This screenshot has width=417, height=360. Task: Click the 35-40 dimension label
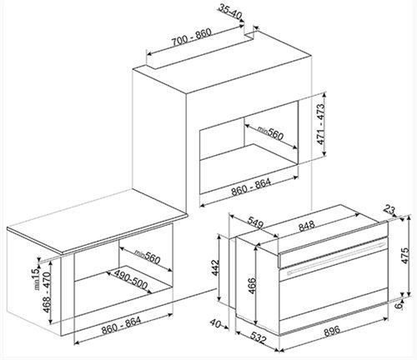click(x=229, y=12)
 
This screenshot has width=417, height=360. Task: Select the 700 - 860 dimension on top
click(x=191, y=37)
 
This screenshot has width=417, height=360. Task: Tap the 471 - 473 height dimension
click(x=321, y=124)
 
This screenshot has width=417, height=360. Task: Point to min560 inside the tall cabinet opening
click(x=270, y=132)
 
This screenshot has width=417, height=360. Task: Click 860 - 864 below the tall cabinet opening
click(x=251, y=186)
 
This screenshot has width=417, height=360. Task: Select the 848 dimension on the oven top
click(x=307, y=226)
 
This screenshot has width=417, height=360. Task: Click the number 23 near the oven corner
click(x=389, y=209)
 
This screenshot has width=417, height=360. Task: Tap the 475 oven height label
click(x=405, y=255)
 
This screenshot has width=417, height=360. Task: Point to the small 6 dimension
click(x=399, y=306)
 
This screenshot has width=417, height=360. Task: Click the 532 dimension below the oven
click(x=259, y=337)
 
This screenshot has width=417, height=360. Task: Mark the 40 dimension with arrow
click(x=216, y=322)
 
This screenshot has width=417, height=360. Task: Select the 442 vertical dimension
click(x=215, y=268)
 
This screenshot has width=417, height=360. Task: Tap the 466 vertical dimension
click(x=251, y=286)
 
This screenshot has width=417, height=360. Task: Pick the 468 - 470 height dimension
click(x=47, y=292)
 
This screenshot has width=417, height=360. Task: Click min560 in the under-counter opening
click(x=147, y=257)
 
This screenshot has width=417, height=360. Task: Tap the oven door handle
click(x=336, y=257)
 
